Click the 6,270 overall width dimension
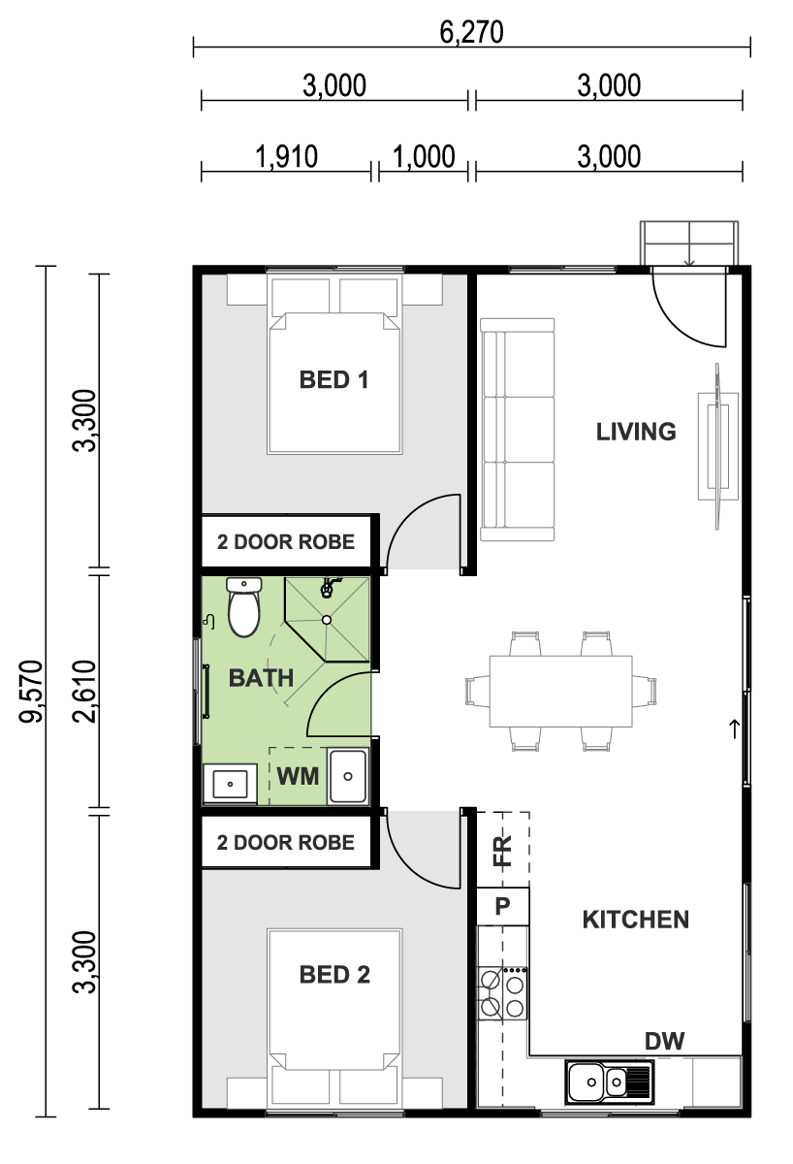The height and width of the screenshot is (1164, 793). coord(471,32)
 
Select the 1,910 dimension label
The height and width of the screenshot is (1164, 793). coord(286,156)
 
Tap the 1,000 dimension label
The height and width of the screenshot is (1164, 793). coord(424,156)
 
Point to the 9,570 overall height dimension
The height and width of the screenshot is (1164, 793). coord(31,691)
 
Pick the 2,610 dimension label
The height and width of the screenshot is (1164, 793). coord(84,691)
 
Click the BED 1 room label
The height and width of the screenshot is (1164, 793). coord(333,380)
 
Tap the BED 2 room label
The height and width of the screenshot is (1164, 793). coord(334,975)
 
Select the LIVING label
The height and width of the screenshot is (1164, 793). coord(636,432)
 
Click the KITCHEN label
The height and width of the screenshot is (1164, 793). coord(636,920)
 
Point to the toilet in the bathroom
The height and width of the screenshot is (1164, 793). coord(243,606)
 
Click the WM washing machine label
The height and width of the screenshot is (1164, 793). coord(298,776)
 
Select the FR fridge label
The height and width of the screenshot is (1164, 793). coord(503,850)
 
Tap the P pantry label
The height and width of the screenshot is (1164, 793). coord(502,906)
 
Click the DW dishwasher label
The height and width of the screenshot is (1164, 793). coord(664,1041)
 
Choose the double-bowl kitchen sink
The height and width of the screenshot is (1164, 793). coord(609,1083)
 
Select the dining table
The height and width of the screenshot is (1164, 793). coord(561,691)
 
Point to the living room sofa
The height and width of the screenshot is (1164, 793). coord(518,429)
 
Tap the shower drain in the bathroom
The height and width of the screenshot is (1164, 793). coord(327,620)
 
